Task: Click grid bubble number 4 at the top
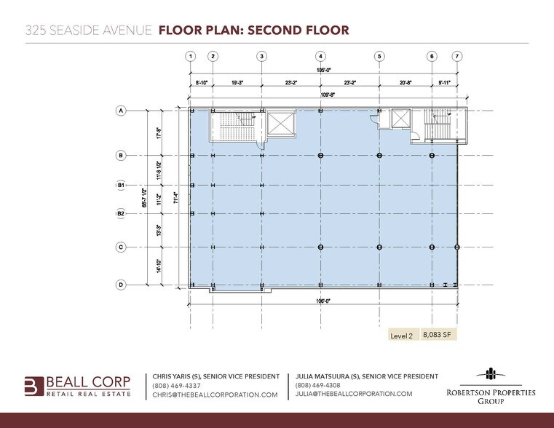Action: [320, 56]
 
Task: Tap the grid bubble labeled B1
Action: [122, 186]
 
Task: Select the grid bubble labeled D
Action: [122, 285]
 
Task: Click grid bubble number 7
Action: [456, 56]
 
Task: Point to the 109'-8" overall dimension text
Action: [321, 95]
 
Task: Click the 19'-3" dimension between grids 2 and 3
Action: [237, 83]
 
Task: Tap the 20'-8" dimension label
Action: [405, 83]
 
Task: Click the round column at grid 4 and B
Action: [320, 156]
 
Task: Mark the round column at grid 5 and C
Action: [379, 247]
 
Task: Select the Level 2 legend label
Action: [402, 336]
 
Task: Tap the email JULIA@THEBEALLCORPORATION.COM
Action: [354, 394]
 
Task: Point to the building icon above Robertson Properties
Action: [491, 375]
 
